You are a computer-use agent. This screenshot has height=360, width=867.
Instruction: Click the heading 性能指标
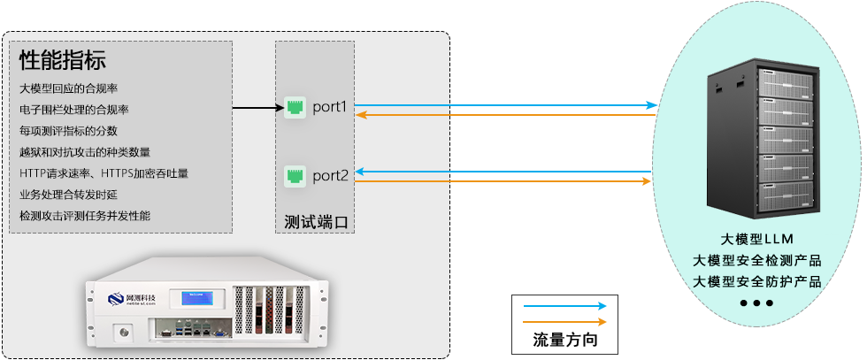(63, 61)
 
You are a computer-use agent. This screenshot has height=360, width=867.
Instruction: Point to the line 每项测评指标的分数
(69, 131)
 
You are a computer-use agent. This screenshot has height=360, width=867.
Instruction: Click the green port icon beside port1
(295, 108)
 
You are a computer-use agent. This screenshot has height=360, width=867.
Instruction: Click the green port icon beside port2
(295, 175)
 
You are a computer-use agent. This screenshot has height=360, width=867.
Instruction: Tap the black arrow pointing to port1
(257, 108)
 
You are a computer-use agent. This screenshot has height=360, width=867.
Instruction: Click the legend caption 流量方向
(564, 340)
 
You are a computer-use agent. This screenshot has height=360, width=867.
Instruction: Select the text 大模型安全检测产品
(757, 260)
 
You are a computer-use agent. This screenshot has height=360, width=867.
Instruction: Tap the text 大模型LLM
(757, 240)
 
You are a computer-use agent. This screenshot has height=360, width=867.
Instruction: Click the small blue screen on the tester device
(199, 299)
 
